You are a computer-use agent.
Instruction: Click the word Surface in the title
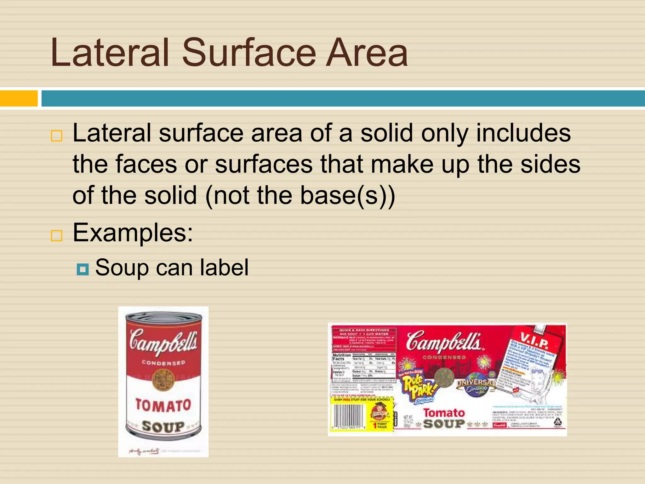coord(249,53)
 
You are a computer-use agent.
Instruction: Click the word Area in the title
coord(367,53)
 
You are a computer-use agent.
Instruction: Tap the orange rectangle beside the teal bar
coord(19,98)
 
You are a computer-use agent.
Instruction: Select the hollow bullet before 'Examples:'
coord(57,235)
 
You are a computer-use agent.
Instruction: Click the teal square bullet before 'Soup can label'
coord(83,269)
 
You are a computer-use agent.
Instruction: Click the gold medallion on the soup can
coord(163,379)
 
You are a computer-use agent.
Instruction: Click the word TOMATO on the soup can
coord(163,405)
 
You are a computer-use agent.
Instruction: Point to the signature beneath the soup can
coord(144,452)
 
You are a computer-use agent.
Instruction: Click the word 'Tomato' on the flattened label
coord(444,413)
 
